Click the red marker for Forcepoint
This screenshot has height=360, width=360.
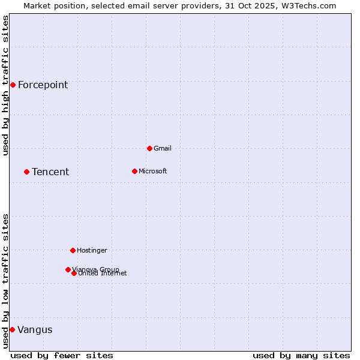[x=13, y=85]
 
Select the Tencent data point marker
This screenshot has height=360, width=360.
[x=26, y=172]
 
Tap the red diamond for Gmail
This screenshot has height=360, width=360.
[x=149, y=148]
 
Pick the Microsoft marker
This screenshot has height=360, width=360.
[x=134, y=171]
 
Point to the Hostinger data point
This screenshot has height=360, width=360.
[x=73, y=250]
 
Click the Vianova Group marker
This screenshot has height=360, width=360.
[x=68, y=269]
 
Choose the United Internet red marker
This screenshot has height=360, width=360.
[x=74, y=273]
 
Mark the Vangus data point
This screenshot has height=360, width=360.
[x=12, y=329]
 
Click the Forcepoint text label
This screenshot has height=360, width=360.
[x=43, y=85]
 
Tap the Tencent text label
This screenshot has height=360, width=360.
[x=50, y=172]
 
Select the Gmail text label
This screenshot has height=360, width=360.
[x=163, y=148]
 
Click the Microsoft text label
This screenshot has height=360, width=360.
[x=152, y=171]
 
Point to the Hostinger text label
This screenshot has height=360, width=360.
[x=92, y=250]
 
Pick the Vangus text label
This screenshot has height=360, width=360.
[x=35, y=329]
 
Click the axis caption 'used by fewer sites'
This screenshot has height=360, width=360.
[x=62, y=355]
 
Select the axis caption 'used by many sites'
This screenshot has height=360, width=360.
[x=301, y=355]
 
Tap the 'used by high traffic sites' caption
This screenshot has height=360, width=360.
[x=6, y=85]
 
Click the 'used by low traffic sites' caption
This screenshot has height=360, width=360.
[x=6, y=280]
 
